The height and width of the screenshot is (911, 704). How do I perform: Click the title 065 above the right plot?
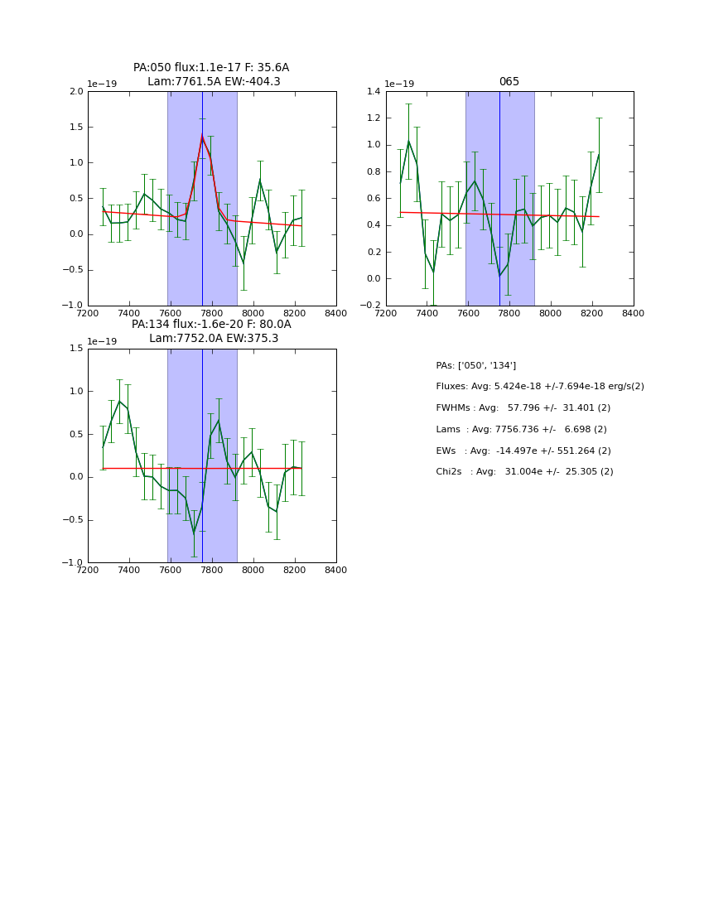[x=509, y=82]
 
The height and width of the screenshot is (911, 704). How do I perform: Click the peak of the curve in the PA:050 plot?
[x=202, y=137]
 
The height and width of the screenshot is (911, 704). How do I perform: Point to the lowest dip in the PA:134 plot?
[x=194, y=532]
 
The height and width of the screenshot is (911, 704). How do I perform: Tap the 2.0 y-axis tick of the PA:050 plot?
[x=76, y=92]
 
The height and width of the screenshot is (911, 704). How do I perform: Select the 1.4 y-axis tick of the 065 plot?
[x=374, y=92]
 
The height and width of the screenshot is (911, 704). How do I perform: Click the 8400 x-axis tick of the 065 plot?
[x=633, y=312]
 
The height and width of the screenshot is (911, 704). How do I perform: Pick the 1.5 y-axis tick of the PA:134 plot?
[x=76, y=349]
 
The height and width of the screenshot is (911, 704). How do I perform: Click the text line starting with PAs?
[x=475, y=365]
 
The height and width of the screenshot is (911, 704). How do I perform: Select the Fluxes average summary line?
[x=539, y=387]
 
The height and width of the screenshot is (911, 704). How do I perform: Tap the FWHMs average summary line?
[x=523, y=408]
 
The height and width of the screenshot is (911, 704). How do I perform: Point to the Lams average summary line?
[x=521, y=430]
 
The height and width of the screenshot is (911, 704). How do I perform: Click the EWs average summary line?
[x=523, y=451]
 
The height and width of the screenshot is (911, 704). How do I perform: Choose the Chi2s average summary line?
[x=524, y=472]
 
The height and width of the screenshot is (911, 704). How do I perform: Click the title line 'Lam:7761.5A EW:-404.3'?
[x=214, y=82]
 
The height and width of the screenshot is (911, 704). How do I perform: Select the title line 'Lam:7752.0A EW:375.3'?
[x=214, y=339]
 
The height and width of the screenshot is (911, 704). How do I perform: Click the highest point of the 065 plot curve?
[x=408, y=142]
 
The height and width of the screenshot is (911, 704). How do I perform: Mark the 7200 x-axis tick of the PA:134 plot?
[x=88, y=569]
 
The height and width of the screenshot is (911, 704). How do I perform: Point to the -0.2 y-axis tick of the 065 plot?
[x=373, y=306]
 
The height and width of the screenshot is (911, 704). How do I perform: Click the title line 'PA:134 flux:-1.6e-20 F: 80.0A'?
[x=211, y=325]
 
